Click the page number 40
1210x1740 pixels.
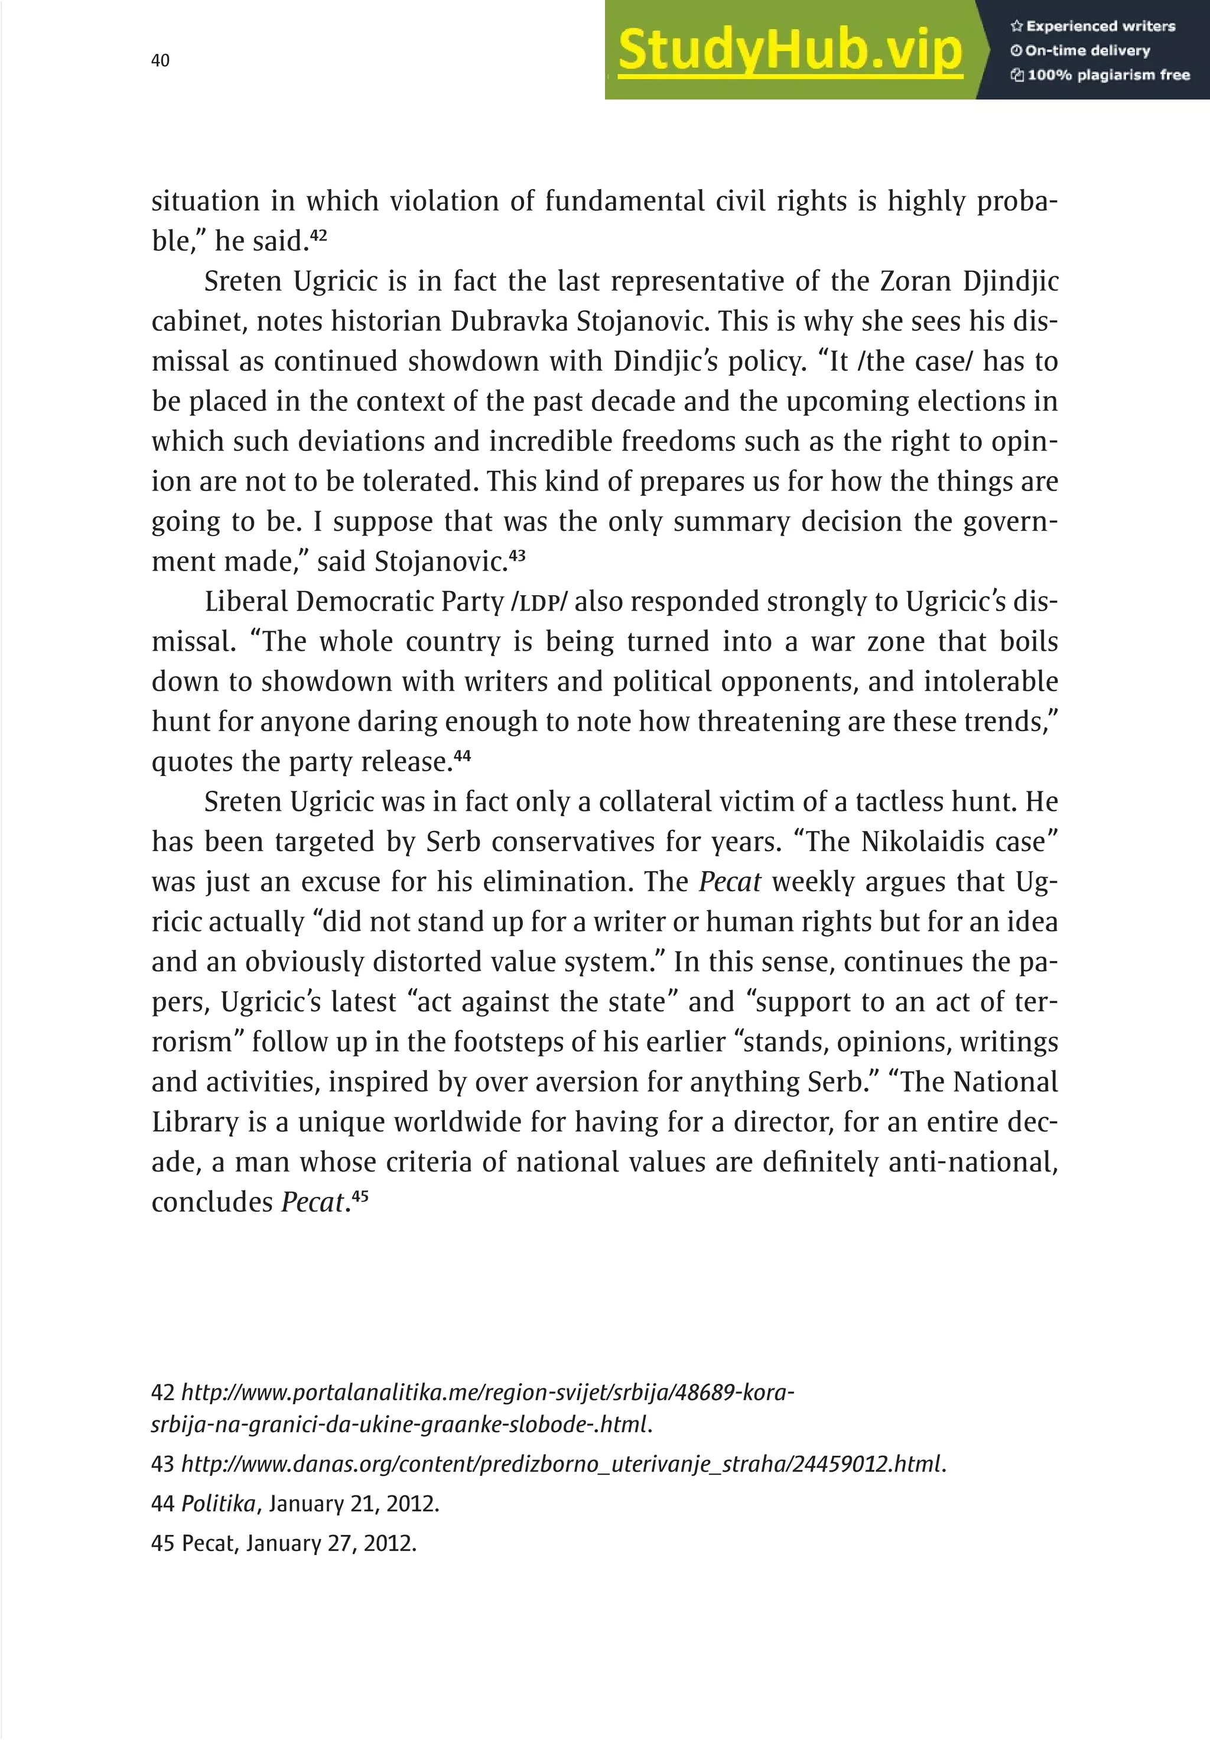coord(161,61)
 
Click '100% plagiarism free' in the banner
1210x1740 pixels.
coord(1100,75)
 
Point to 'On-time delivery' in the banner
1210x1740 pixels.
coord(1081,51)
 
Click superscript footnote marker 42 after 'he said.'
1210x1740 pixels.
coord(319,235)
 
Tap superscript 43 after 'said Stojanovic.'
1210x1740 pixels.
coord(517,556)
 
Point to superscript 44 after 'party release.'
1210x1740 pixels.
coord(462,755)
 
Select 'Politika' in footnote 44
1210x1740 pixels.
coord(218,1504)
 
